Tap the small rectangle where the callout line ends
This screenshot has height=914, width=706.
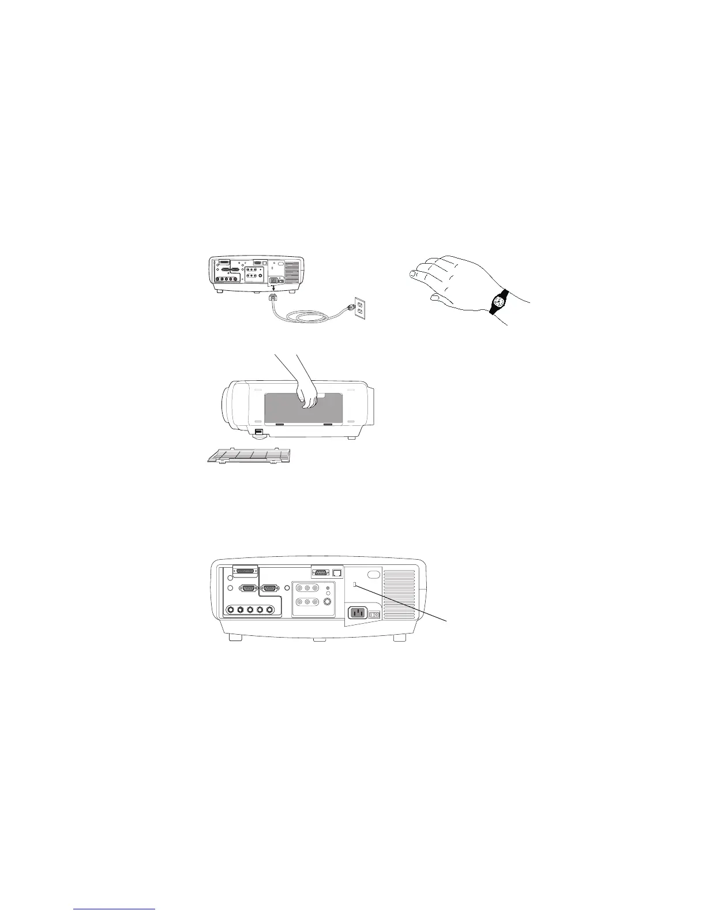point(355,585)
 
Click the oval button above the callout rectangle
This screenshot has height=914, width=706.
point(373,574)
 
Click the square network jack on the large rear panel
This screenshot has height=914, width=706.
point(337,572)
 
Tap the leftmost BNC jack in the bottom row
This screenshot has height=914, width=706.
point(231,610)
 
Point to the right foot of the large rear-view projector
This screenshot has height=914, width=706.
point(399,639)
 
